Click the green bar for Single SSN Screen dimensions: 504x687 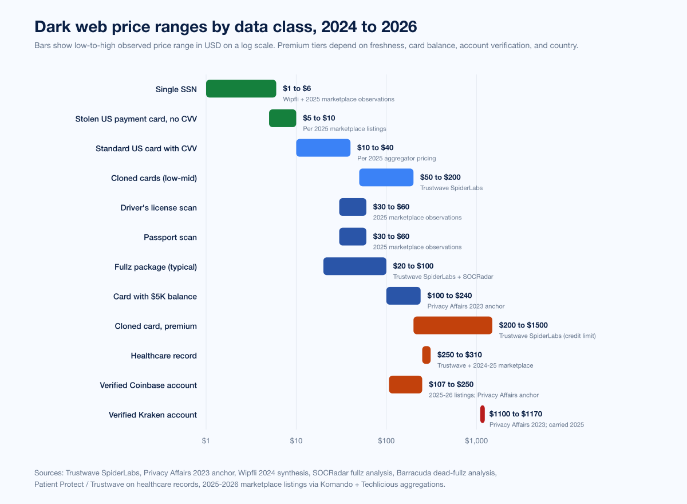tap(241, 89)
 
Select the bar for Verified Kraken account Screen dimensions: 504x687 tap(483, 414)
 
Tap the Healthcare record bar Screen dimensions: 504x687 tap(427, 355)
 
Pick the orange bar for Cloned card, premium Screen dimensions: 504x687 tap(453, 325)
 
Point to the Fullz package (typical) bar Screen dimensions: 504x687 tap(355, 266)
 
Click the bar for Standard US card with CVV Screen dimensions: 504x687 tap(323, 148)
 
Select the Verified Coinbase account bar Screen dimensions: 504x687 tap(405, 385)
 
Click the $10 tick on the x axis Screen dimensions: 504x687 tap(296, 441)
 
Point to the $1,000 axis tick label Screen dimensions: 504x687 tap(476, 441)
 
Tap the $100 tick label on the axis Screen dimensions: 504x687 tap(386, 441)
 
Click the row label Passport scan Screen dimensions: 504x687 tap(170, 237)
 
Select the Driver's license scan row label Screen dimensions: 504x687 tap(159, 207)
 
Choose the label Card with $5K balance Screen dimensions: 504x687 tap(155, 296)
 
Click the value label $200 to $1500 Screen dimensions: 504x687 tap(523, 325)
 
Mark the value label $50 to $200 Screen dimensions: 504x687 tap(440, 177)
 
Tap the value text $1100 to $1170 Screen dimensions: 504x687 tap(515, 414)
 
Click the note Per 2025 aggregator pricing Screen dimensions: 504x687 tap(396, 158)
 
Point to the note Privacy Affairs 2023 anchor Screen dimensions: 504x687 tap(465, 306)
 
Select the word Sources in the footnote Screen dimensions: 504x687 tap(49, 473)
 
